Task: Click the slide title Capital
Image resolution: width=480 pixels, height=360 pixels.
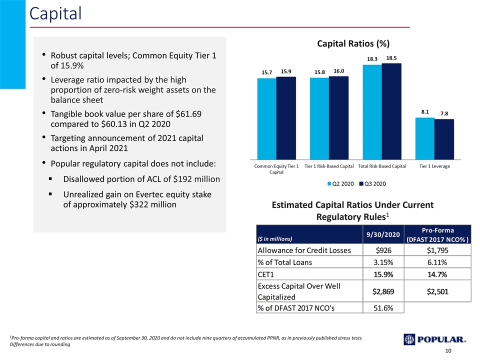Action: pos(55,13)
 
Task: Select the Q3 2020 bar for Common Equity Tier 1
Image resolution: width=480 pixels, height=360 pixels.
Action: pos(286,118)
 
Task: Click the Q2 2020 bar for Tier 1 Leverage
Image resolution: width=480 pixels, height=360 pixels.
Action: pos(425,138)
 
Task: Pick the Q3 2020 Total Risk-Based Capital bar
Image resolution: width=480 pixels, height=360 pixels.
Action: pos(391,111)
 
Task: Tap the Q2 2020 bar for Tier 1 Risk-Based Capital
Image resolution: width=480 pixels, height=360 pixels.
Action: pos(319,118)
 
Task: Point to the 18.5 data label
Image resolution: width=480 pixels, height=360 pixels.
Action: pos(391,58)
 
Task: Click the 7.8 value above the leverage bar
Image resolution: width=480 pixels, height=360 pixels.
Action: pos(444,113)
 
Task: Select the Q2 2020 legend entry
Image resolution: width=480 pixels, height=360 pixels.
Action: pos(340,183)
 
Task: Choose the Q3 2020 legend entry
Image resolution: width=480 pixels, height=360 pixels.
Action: pos(372,183)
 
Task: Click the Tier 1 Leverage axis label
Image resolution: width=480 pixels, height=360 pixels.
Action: pos(434,166)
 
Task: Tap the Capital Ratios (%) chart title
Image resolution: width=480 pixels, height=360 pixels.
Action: pos(353,44)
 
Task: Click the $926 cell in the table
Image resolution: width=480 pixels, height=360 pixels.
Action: pos(383,250)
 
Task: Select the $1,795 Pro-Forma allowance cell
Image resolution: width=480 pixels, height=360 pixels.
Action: pos(437,250)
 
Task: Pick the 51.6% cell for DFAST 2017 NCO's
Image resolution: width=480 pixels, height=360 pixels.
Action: pos(383,308)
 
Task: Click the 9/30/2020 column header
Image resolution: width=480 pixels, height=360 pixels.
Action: pos(383,234)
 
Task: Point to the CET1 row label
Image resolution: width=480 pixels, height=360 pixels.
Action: pos(265,274)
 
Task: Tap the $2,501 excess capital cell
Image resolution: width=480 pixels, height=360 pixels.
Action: pos(437,291)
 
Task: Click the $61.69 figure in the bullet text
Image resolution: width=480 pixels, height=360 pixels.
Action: pos(188,114)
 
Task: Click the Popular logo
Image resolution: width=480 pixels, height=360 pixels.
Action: pos(434,339)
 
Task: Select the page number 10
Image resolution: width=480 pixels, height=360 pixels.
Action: pos(448,351)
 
